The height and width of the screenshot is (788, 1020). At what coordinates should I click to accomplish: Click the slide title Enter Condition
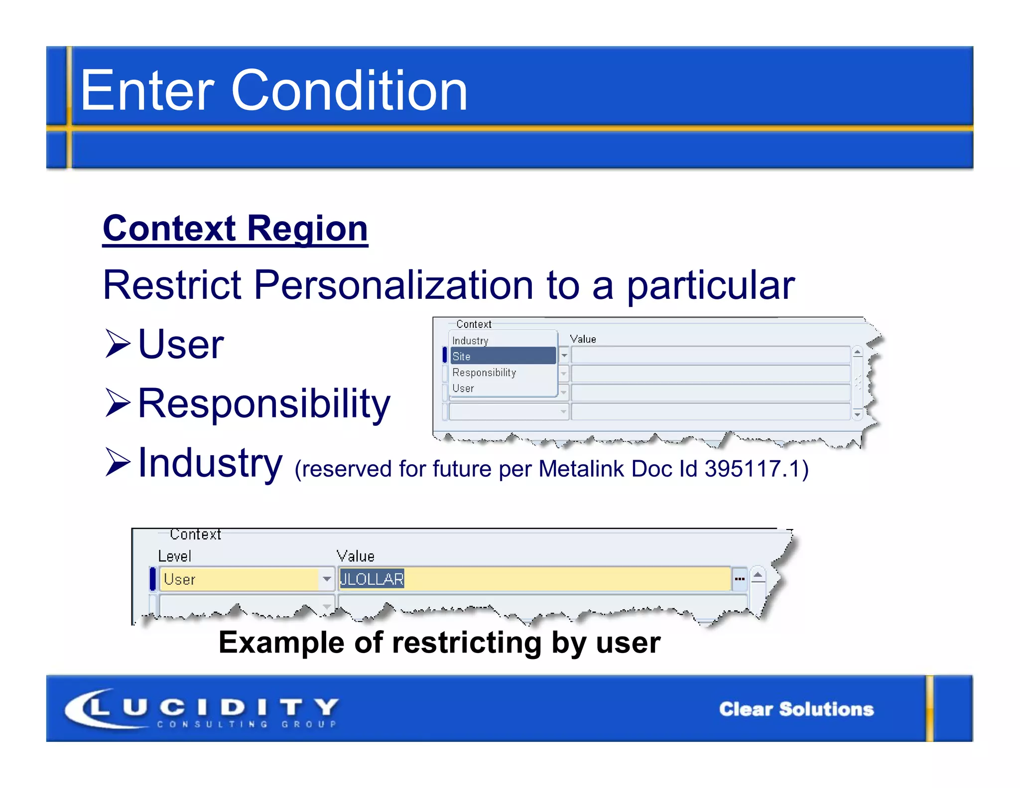point(274,91)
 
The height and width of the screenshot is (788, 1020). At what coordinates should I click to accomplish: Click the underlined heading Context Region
point(235,229)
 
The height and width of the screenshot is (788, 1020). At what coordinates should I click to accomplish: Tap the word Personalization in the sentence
point(393,285)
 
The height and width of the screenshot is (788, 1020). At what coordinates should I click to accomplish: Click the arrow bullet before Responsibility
point(118,403)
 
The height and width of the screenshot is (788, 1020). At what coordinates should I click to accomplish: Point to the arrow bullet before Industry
point(118,462)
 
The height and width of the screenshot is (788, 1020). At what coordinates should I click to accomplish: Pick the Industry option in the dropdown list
point(470,341)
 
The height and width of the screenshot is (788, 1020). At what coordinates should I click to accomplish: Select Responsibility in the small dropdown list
point(484,373)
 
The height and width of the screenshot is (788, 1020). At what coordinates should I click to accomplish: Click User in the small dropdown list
point(463,388)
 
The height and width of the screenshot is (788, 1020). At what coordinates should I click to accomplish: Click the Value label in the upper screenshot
point(583,339)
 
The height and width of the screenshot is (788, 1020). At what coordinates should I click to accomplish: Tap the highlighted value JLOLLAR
point(372,579)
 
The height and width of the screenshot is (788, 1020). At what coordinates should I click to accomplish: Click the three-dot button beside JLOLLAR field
point(740,579)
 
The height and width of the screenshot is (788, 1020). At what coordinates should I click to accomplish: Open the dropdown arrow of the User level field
point(327,579)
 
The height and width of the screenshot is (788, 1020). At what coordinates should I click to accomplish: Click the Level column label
point(174,556)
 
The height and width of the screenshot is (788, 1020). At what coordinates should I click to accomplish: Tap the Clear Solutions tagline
point(796,709)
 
